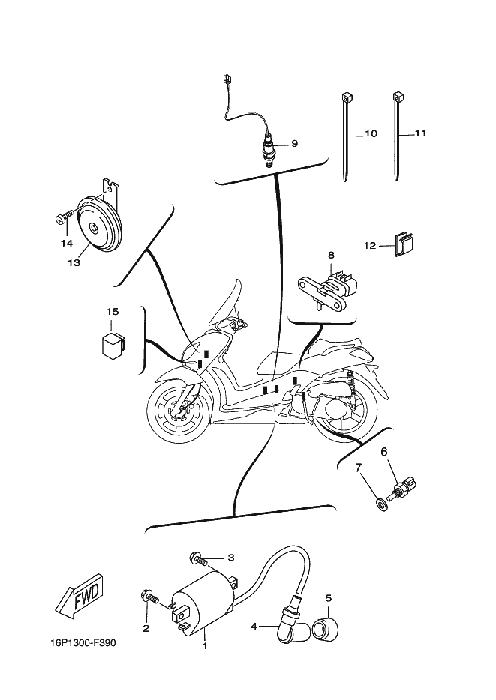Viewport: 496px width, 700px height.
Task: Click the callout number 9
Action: (294, 143)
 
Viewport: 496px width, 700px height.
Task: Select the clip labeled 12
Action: (405, 245)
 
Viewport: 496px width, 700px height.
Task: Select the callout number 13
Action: (73, 263)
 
